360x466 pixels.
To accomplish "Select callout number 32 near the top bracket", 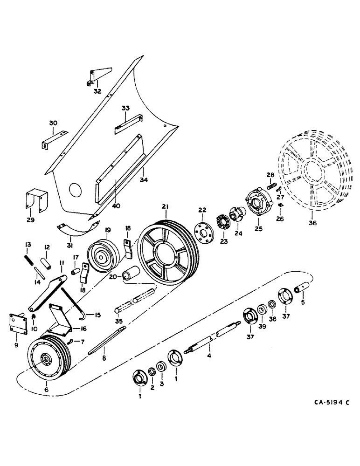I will (x=97, y=91).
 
